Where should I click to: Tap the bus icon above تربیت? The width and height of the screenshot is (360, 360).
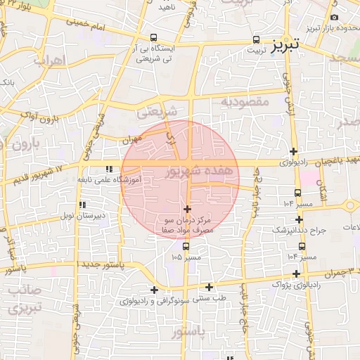pos(255,40)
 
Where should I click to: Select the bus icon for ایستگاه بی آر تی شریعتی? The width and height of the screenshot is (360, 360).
pos(153,38)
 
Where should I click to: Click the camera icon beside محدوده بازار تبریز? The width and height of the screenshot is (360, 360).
pos(334,17)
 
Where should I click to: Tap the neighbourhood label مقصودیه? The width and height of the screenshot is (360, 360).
pos(245,102)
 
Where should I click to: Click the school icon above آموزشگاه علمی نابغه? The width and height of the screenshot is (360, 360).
pos(108,169)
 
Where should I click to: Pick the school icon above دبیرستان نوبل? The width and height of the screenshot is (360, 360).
pos(82,205)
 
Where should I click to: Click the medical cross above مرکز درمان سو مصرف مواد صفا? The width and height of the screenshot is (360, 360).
pos(187,209)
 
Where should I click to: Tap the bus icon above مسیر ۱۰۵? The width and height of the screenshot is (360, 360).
pos(186,247)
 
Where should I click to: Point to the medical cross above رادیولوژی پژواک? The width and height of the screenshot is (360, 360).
pos(297,274)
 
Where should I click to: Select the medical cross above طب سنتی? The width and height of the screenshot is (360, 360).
pos(209,287)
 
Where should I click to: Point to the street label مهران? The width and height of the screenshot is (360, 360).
pos(131,140)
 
